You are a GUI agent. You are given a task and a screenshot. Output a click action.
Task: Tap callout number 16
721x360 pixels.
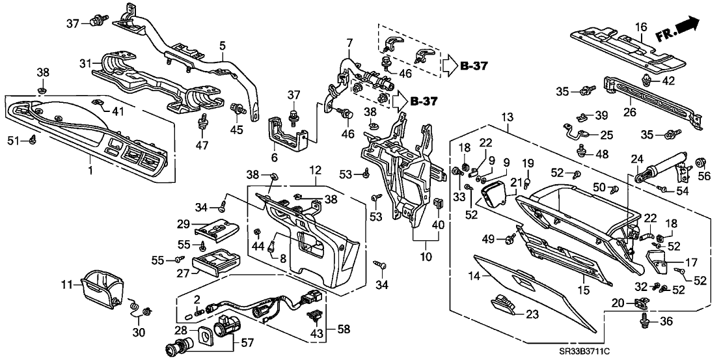(641, 27)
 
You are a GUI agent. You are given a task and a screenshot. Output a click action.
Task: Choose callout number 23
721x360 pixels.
(533, 314)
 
